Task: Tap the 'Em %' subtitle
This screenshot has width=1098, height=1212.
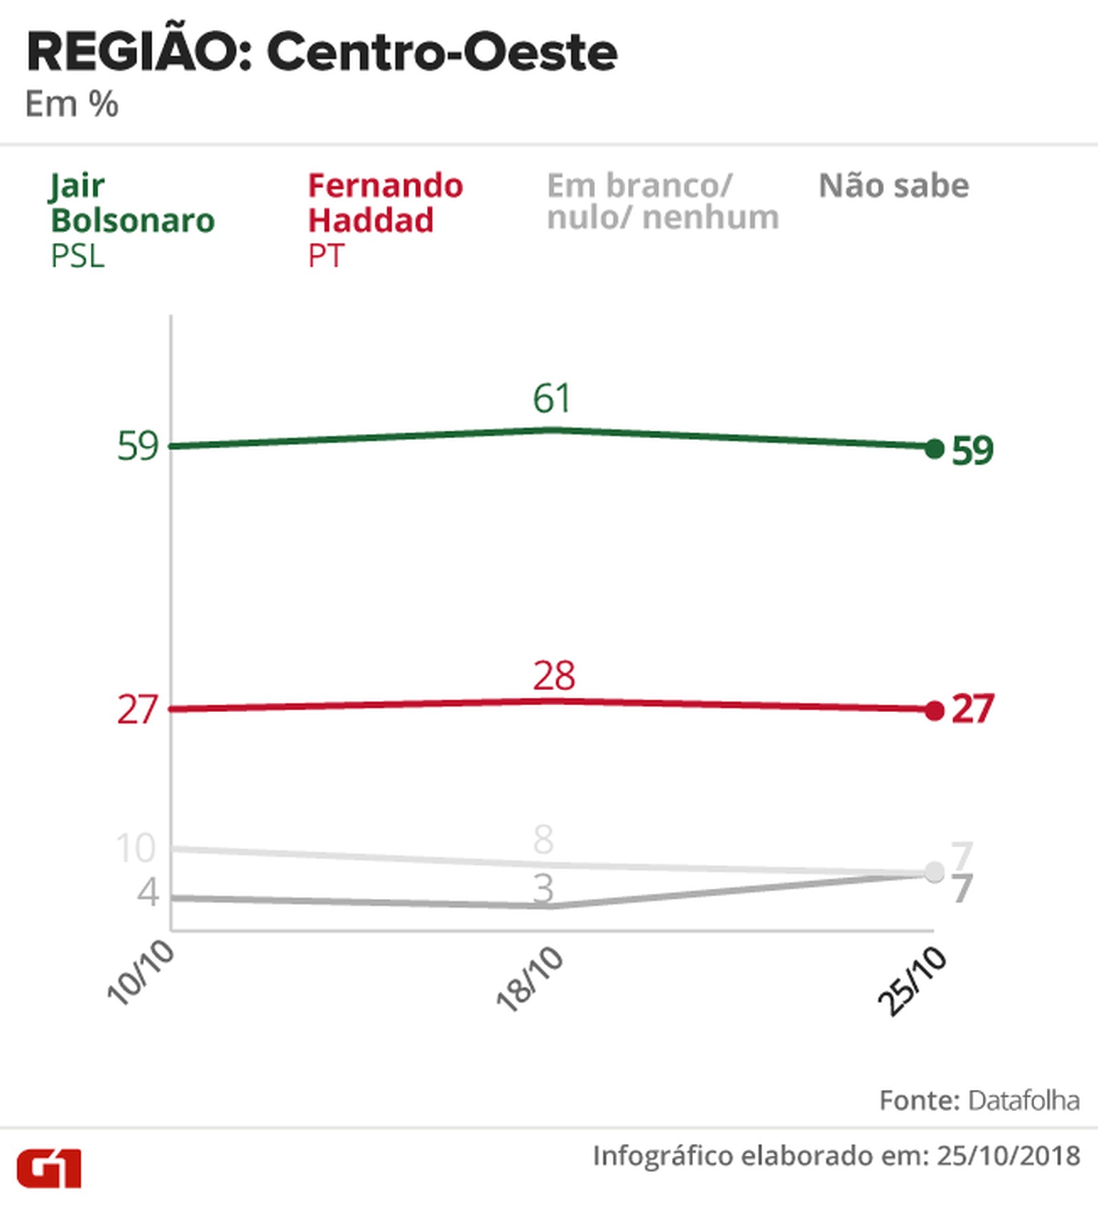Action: coord(71,104)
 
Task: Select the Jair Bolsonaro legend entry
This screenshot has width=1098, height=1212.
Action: coord(132,220)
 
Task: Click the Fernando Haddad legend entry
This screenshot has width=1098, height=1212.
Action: coord(385,220)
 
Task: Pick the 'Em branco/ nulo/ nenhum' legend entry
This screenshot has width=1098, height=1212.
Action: coord(662,202)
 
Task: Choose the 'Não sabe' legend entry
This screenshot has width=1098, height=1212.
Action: coord(893,186)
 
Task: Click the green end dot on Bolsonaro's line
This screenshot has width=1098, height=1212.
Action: coord(934,449)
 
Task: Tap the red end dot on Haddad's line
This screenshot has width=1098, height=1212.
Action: coord(934,711)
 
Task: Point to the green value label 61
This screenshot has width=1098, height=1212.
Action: coord(552,399)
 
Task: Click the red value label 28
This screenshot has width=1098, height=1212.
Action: coord(554,676)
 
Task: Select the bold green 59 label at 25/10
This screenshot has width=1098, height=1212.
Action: coord(972,451)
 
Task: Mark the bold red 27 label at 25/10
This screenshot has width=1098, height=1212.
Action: coord(972,709)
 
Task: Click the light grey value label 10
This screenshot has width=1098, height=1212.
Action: coord(136,848)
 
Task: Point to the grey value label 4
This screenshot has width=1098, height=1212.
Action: coord(148,892)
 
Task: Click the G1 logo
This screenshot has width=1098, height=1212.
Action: coord(49,1168)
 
